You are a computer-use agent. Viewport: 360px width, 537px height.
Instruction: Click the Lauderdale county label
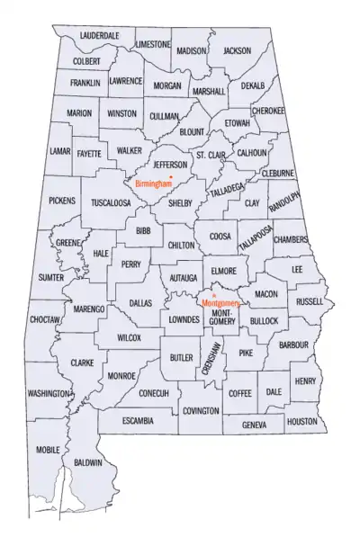(100, 36)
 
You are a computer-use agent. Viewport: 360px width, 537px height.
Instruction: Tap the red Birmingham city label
(153, 183)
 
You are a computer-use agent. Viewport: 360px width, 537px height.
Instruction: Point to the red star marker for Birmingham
(171, 176)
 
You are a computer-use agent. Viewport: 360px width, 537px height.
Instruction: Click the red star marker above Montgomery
(212, 295)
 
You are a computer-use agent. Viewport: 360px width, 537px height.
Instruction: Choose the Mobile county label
(49, 449)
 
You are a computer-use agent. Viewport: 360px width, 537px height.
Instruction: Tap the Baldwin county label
(87, 462)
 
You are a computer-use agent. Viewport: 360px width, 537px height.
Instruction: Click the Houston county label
(302, 421)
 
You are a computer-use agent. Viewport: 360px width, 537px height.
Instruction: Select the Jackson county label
(237, 51)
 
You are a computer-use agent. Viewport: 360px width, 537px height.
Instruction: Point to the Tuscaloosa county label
(109, 203)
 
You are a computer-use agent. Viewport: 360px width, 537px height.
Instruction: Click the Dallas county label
(141, 304)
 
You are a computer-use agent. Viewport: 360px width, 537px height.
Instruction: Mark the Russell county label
(310, 302)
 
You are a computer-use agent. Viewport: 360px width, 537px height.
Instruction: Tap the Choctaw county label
(44, 319)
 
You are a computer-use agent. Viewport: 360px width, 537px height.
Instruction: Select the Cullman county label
(164, 116)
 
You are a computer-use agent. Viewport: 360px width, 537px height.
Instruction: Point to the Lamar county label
(59, 151)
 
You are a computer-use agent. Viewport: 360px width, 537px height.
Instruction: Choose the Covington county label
(200, 411)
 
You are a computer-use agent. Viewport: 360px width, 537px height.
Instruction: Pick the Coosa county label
(220, 237)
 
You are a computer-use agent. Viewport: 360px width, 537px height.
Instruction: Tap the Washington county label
(49, 394)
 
